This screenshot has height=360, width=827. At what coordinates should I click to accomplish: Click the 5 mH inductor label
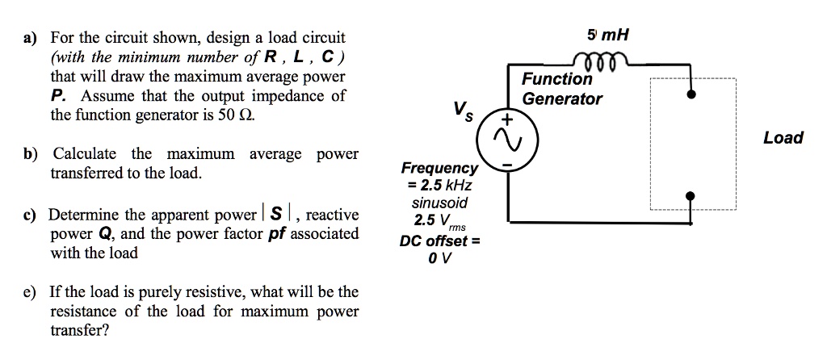(608, 36)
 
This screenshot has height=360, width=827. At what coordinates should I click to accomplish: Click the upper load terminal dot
(691, 94)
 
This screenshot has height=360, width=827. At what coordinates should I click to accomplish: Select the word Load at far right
(783, 138)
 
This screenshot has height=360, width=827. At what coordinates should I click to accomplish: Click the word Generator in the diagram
(562, 98)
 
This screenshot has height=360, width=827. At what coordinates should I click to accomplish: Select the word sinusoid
(439, 203)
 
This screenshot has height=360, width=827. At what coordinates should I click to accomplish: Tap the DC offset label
(439, 241)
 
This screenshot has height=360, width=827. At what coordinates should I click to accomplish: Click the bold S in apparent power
(277, 216)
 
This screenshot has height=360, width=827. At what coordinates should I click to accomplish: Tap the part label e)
(33, 291)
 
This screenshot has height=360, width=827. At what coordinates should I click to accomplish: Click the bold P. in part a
(57, 96)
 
